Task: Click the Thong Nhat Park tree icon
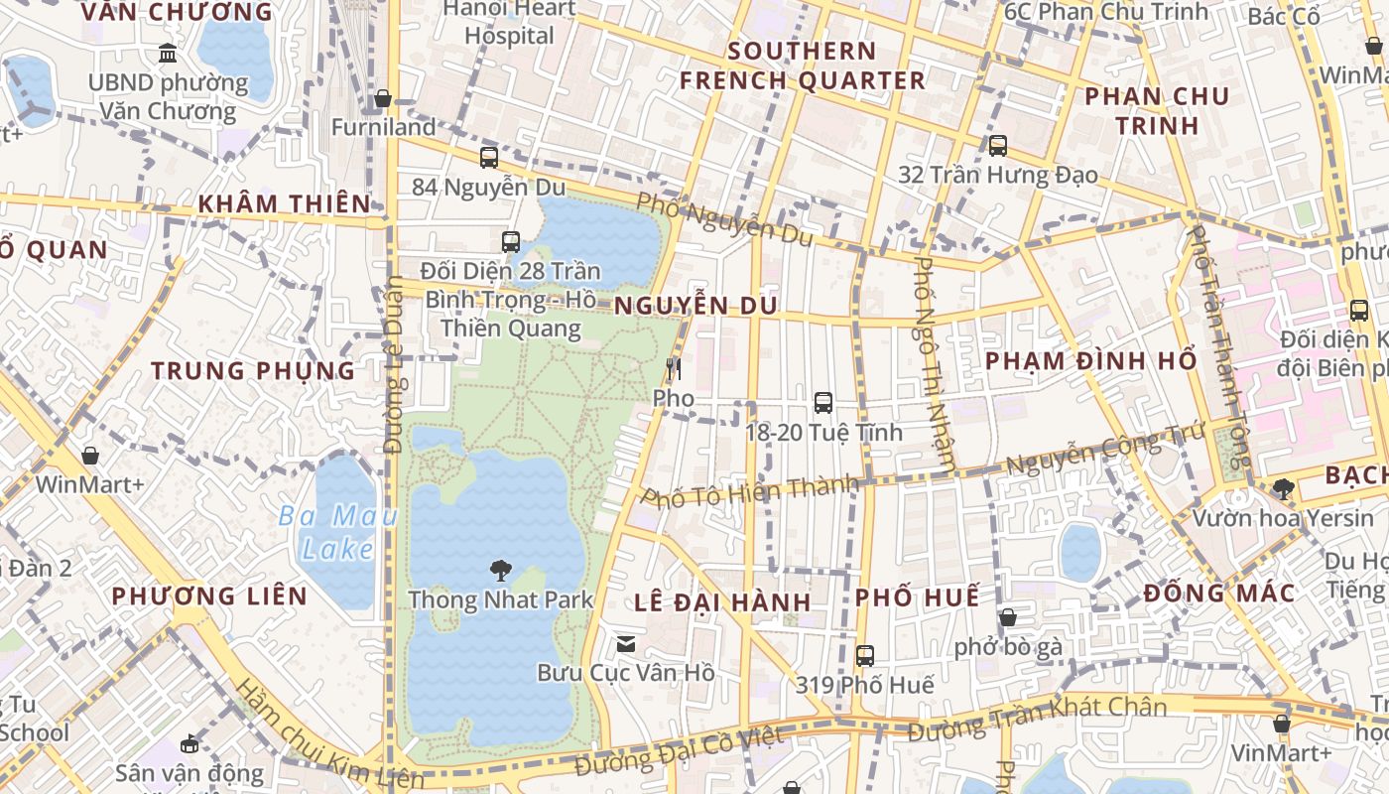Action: click(501, 570)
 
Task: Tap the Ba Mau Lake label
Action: click(337, 532)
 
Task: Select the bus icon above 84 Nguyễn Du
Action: click(488, 157)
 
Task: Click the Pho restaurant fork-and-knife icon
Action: click(674, 370)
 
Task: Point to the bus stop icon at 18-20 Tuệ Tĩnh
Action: click(822, 403)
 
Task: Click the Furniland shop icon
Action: click(382, 98)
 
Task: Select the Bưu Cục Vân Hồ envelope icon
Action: click(626, 644)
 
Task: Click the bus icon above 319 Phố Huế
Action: click(864, 656)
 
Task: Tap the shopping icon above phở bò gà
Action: click(1008, 617)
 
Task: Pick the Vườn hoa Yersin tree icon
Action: click(1283, 488)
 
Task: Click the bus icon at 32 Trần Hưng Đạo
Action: click(997, 146)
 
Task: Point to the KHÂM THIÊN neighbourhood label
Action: click(284, 203)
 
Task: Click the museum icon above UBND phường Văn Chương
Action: click(168, 53)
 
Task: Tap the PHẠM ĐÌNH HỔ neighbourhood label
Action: click(1091, 360)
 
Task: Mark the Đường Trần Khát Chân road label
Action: click(1037, 720)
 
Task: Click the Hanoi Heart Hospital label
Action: click(509, 22)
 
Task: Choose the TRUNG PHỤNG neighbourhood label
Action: click(253, 370)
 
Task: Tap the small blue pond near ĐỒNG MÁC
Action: click(1079, 552)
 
